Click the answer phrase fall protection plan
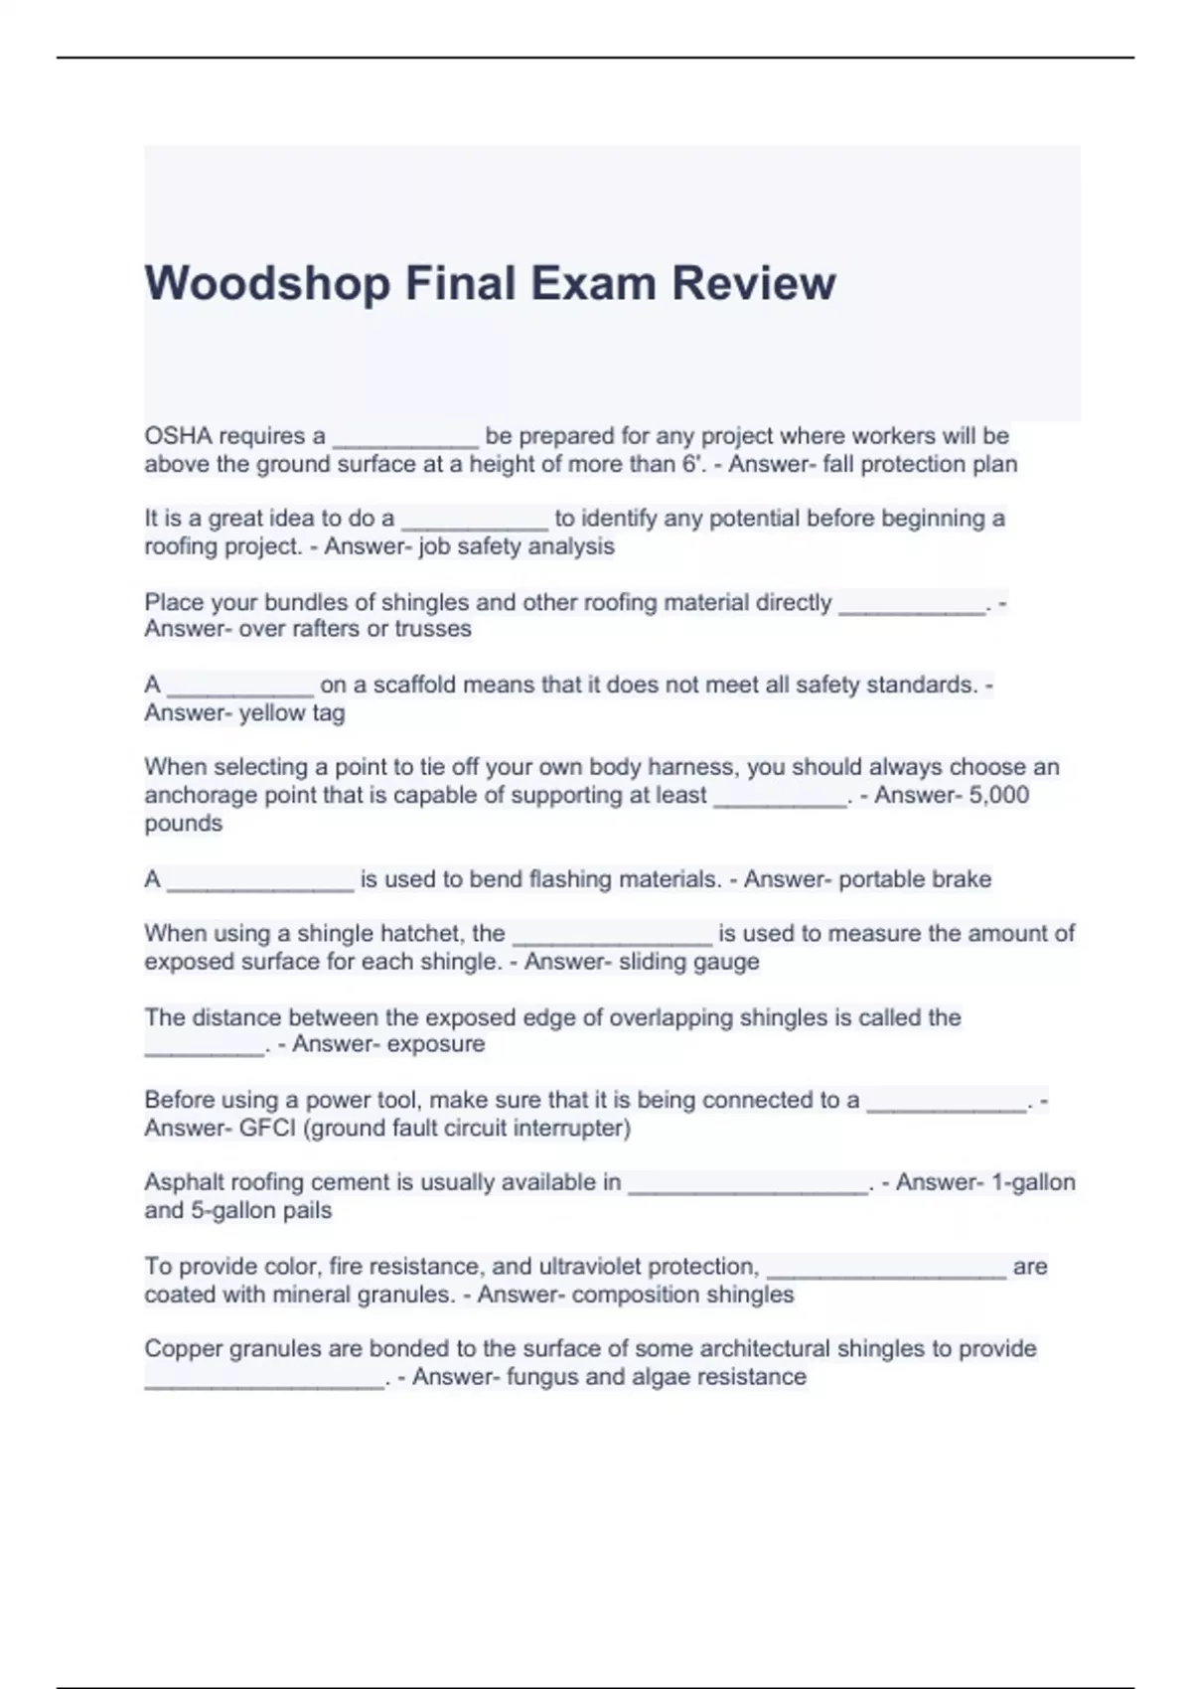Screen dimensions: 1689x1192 point(920,464)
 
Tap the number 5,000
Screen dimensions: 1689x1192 point(996,795)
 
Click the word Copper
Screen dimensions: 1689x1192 point(183,1349)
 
